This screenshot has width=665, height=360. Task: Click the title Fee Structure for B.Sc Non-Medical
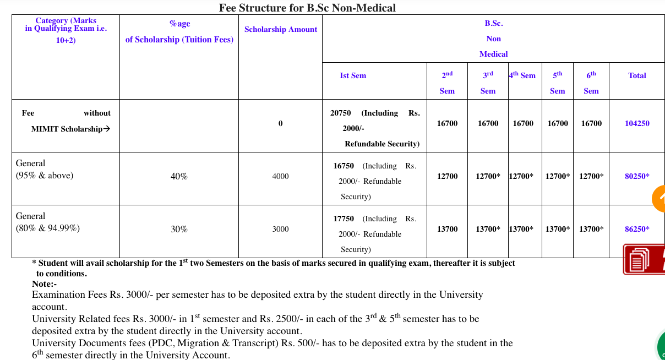coord(307,8)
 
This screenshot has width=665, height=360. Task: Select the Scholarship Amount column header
coord(281,29)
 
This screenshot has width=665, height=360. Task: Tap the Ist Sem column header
coord(353,75)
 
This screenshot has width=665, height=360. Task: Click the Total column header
coord(637,75)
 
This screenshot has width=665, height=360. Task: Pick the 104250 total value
coord(637,123)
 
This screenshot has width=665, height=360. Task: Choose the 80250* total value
coord(637,176)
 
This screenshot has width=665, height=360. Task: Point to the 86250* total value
coord(637,229)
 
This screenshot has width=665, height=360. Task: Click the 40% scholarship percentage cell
coord(179,176)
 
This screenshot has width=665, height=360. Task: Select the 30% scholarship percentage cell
coord(179,229)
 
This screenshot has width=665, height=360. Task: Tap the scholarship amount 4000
coord(280,176)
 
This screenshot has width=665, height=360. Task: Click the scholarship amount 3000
coord(280,229)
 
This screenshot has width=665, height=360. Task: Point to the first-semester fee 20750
coord(341,113)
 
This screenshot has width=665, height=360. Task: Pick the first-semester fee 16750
coord(344,166)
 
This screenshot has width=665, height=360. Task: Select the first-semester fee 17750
coord(344,219)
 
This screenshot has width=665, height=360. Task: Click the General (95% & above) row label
coord(45,170)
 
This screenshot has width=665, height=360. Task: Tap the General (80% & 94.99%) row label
coord(48,222)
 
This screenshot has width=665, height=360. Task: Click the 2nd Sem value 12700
coord(447,176)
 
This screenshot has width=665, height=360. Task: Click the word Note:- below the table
coord(45,284)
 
